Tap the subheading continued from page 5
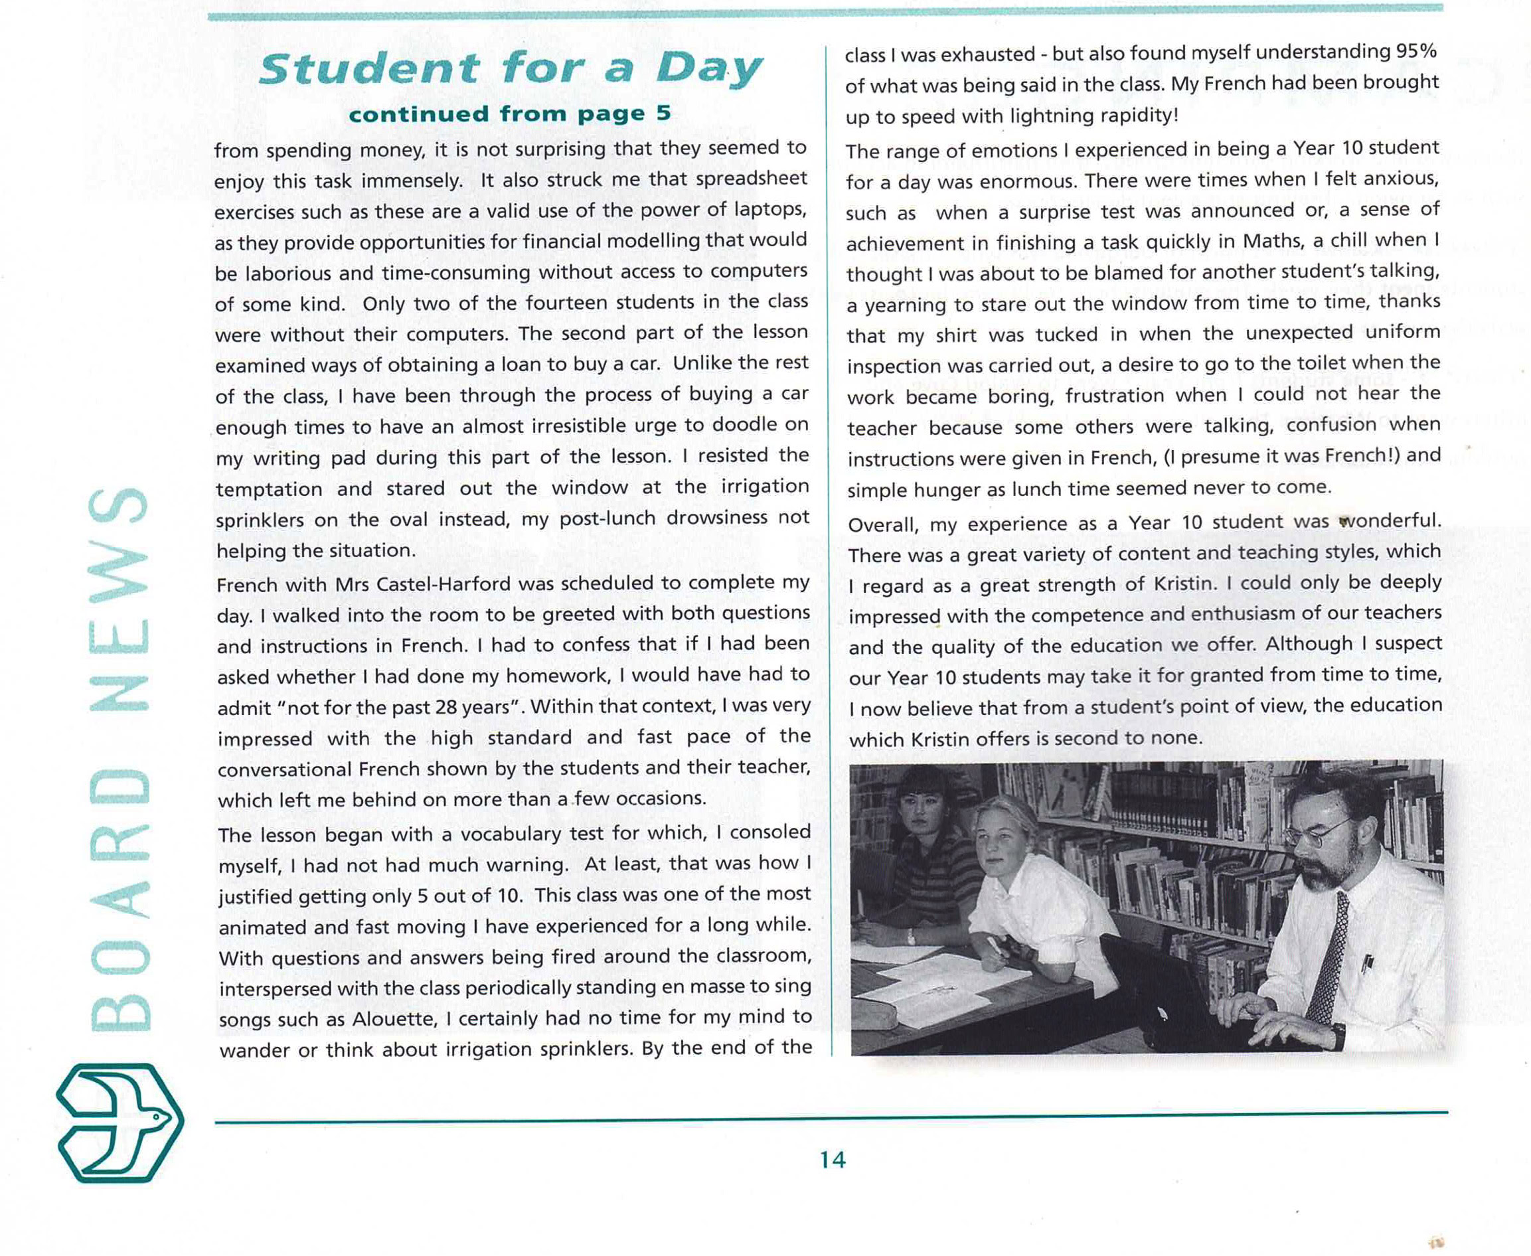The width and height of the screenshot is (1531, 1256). point(510,114)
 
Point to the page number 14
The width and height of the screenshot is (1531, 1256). point(833,1160)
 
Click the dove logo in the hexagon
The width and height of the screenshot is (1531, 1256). point(120,1122)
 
